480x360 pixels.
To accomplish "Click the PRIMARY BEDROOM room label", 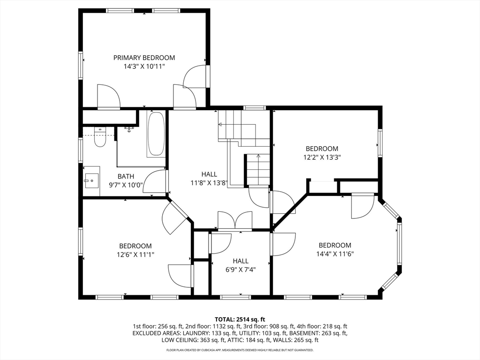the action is tap(144, 58).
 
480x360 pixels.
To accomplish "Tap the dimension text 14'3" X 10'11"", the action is tap(144, 67).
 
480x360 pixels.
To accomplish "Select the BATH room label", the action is tap(126, 176).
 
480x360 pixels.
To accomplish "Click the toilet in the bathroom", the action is tap(100, 138).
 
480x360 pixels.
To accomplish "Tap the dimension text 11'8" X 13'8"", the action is tap(209, 183).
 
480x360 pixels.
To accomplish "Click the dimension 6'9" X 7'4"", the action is tap(240, 270).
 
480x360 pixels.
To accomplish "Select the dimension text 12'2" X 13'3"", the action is tap(322, 157).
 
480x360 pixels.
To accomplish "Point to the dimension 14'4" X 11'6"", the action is tap(335, 254).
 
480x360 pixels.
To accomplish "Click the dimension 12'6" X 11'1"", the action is tap(135, 255).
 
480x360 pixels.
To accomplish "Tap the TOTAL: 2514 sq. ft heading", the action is tap(240, 320).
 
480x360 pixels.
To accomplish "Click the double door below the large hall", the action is tap(235, 221).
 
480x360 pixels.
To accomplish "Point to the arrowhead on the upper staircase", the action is tap(220, 124).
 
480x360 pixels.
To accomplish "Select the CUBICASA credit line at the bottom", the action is tap(240, 350).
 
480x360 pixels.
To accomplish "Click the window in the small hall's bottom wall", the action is tap(235, 297).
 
